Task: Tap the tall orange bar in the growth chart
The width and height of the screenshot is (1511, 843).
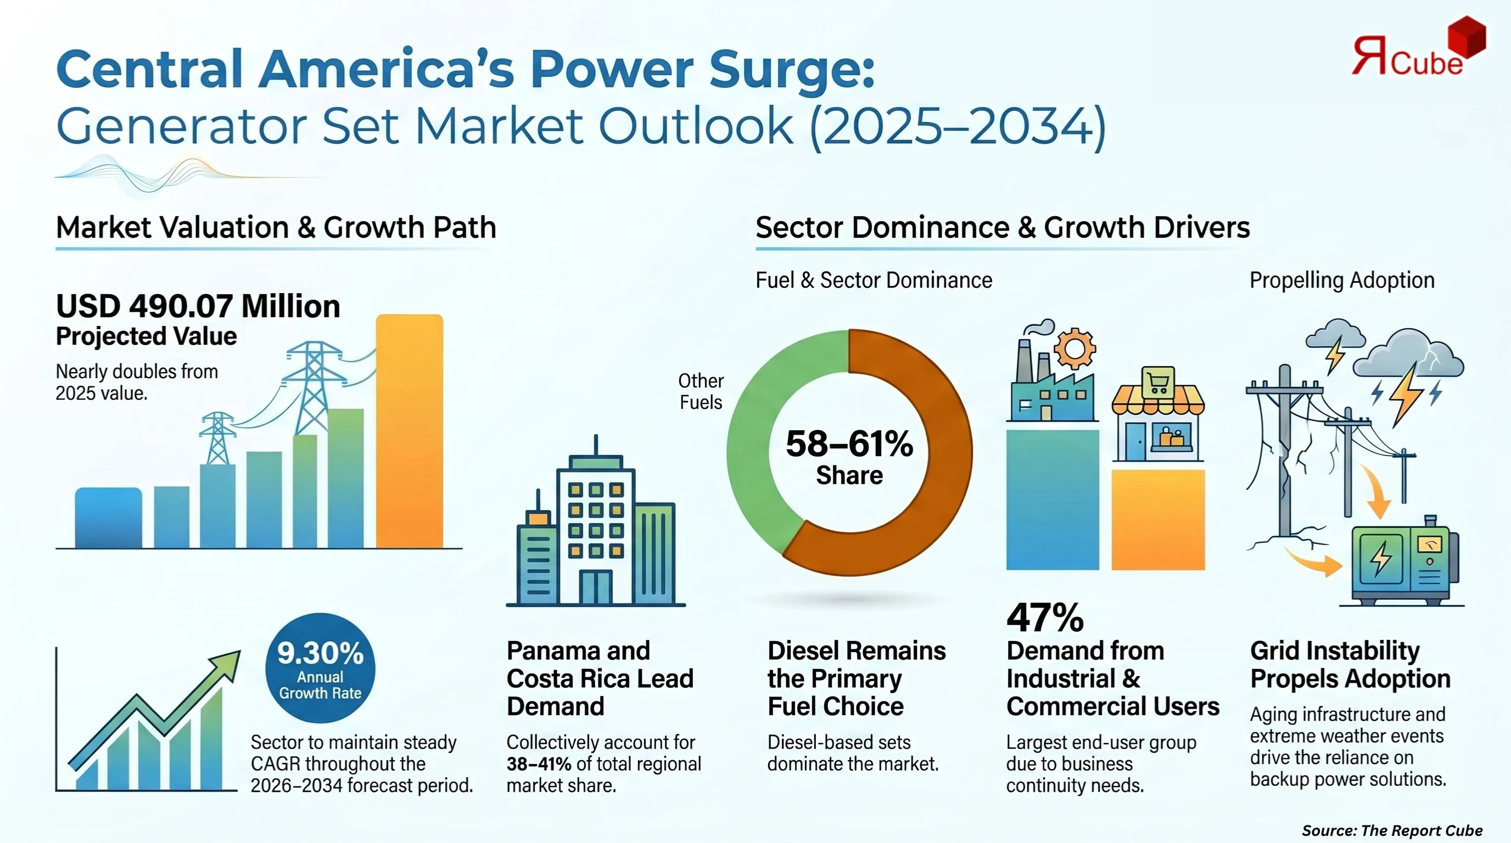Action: pyautogui.click(x=410, y=434)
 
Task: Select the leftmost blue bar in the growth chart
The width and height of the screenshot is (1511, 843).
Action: pyautogui.click(x=109, y=519)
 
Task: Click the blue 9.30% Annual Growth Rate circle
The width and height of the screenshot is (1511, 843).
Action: pyautogui.click(x=320, y=668)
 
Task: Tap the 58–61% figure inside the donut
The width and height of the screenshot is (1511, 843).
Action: pyautogui.click(x=849, y=444)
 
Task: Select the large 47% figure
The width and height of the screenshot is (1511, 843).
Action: pyautogui.click(x=1045, y=617)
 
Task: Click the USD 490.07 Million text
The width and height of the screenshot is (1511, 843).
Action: pyautogui.click(x=198, y=307)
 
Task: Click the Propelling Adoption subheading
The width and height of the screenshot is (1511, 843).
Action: pyautogui.click(x=1342, y=280)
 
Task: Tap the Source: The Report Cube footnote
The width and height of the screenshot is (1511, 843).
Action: pyautogui.click(x=1392, y=830)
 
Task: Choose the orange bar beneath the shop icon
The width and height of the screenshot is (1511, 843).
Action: pyautogui.click(x=1158, y=519)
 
